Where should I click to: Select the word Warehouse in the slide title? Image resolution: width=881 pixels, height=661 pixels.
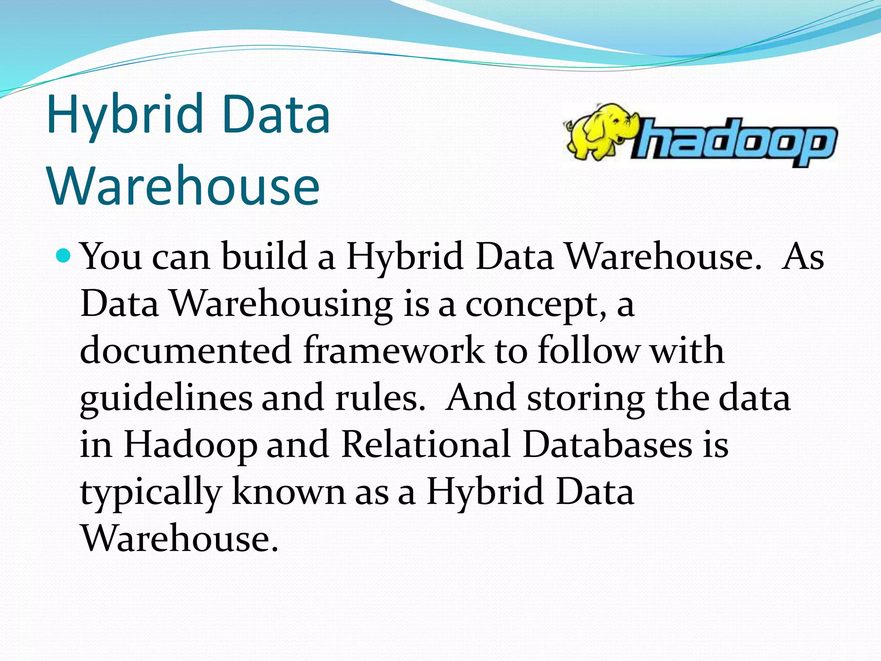(184, 186)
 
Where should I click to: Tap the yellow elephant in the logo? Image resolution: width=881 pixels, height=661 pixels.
(599, 131)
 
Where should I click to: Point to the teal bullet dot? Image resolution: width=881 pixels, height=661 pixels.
(65, 256)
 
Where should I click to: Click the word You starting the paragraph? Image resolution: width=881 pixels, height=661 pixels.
(111, 256)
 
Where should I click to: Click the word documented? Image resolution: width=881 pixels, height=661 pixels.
(186, 351)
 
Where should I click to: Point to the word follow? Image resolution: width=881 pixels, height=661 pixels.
(588, 351)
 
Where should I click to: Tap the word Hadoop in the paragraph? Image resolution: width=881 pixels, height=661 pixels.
(190, 446)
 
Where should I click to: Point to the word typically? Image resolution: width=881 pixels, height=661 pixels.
(151, 493)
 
